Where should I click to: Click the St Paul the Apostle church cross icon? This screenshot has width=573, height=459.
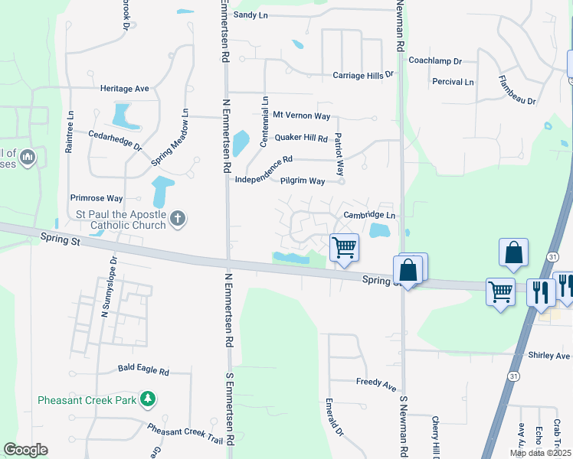(177, 220)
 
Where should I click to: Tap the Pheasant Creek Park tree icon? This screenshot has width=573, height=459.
(148, 399)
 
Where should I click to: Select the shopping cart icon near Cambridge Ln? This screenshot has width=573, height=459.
(345, 248)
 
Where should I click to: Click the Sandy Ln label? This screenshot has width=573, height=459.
(251, 15)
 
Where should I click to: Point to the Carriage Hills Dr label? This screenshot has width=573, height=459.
(362, 75)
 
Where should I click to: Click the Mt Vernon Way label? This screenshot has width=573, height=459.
(301, 116)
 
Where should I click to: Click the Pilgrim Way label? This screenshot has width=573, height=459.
(302, 181)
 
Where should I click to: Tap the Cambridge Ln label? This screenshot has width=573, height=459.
(368, 216)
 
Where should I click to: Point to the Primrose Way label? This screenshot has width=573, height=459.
(97, 197)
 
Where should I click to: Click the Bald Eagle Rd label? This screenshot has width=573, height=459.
(143, 369)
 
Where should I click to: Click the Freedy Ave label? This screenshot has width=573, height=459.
(375, 381)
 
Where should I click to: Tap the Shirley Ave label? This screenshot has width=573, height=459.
(549, 356)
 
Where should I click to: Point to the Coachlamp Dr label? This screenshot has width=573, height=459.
(435, 60)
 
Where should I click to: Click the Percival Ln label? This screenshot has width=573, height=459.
(453, 82)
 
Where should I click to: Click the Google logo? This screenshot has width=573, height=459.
(25, 450)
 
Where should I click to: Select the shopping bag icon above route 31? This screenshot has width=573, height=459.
(513, 253)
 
